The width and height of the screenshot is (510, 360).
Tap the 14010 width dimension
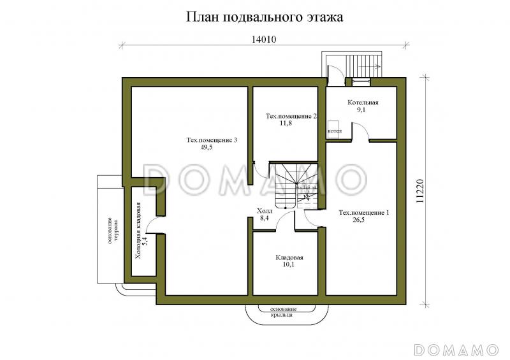pos(263,39)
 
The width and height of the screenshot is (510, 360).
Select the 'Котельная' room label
pos(363,102)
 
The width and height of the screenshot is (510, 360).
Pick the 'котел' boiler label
pos(334,131)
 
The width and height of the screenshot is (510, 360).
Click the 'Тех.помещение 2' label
pos(291,116)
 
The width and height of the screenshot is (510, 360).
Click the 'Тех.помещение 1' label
pos(363,212)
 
